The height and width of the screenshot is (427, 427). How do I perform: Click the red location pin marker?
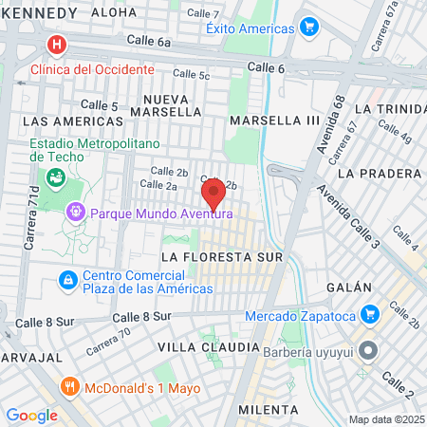214,193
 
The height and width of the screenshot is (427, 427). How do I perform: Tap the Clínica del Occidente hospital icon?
57,45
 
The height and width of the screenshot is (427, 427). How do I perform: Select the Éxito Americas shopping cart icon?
307,28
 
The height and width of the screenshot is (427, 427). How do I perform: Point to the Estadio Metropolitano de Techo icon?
56,176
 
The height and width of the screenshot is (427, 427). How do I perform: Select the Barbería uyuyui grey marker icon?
371,351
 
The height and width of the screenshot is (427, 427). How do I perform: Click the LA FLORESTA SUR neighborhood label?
222,257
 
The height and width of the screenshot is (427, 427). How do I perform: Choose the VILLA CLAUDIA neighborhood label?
208,347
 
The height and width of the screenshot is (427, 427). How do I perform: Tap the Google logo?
31,415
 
